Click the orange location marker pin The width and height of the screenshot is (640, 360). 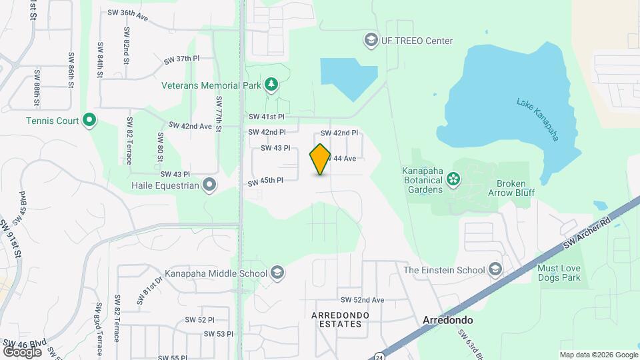coord(321,159)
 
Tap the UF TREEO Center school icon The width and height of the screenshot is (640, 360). coord(369,41)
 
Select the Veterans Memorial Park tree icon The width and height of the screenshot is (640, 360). coord(271,84)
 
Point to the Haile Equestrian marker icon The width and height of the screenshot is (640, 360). coord(210,185)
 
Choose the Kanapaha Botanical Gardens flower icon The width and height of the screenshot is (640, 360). coord(453,178)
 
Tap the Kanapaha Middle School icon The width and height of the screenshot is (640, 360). coord(277,272)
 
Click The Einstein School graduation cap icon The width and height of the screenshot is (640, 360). coord(495,269)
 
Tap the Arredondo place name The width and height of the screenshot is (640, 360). coord(448,320)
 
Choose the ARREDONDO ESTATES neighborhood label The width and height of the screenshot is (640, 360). coord(337,319)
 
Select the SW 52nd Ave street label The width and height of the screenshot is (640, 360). coord(363,300)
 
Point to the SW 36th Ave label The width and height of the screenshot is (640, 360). coord(127,15)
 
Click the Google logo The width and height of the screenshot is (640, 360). coord(22,351)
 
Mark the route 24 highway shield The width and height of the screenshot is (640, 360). coord(377,355)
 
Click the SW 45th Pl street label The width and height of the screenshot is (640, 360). coord(266,181)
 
